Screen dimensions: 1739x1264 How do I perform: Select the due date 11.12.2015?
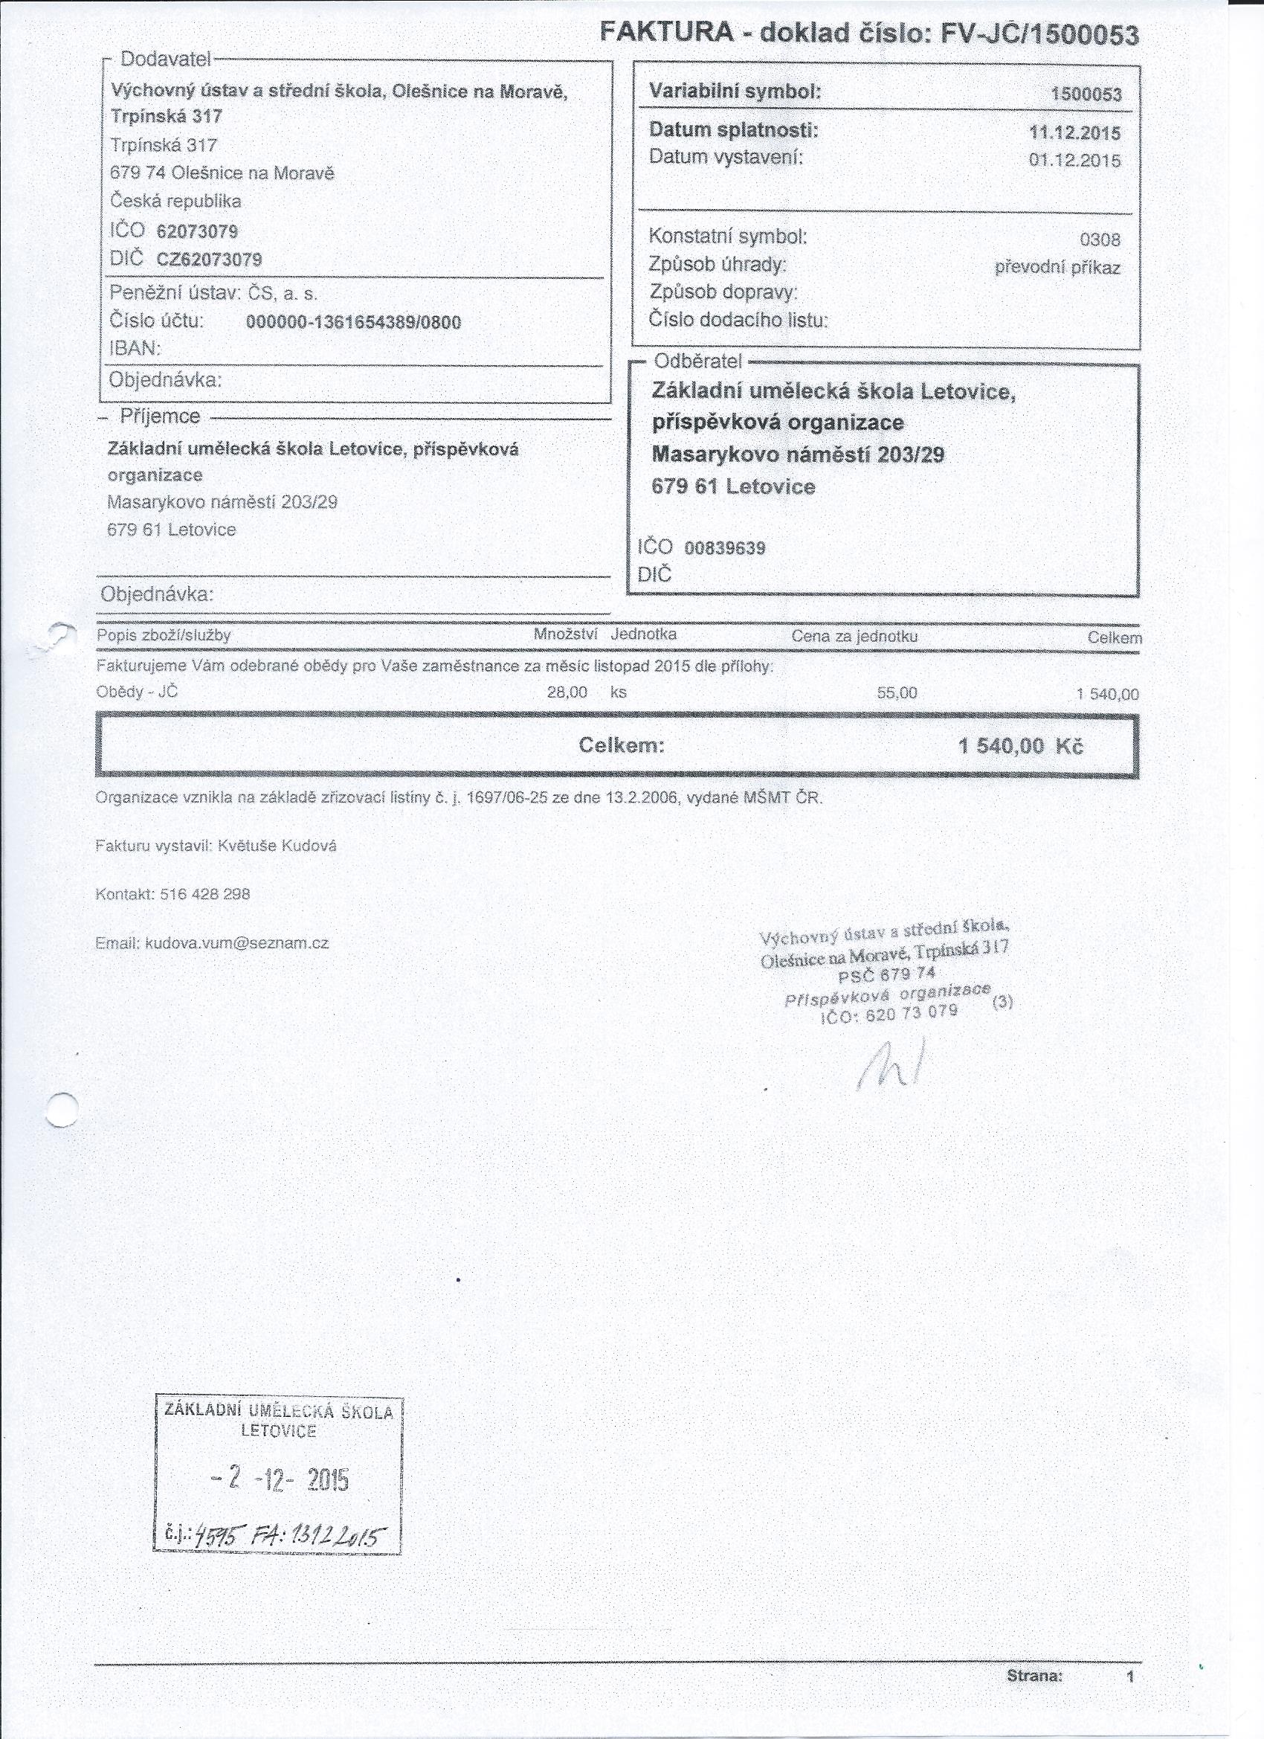click(x=1074, y=132)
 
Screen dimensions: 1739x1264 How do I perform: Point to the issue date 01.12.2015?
click(x=1074, y=161)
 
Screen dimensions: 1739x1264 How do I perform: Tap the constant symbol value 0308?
click(x=1100, y=240)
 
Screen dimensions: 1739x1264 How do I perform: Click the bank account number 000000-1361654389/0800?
click(x=353, y=323)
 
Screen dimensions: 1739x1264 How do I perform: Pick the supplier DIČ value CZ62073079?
click(x=209, y=260)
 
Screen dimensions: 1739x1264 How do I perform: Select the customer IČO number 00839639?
click(x=724, y=548)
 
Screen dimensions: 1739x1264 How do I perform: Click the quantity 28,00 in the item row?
click(x=567, y=692)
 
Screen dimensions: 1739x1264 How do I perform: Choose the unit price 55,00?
click(x=897, y=694)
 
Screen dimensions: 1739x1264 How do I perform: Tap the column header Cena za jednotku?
click(x=854, y=637)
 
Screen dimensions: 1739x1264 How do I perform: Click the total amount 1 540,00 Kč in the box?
click(x=1020, y=747)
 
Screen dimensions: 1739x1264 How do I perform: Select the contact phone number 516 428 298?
click(x=205, y=894)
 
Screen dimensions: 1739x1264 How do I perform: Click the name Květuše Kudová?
click(x=277, y=846)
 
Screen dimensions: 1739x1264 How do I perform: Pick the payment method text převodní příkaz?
click(x=1057, y=269)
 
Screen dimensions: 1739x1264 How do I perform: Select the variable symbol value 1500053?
click(x=1086, y=95)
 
